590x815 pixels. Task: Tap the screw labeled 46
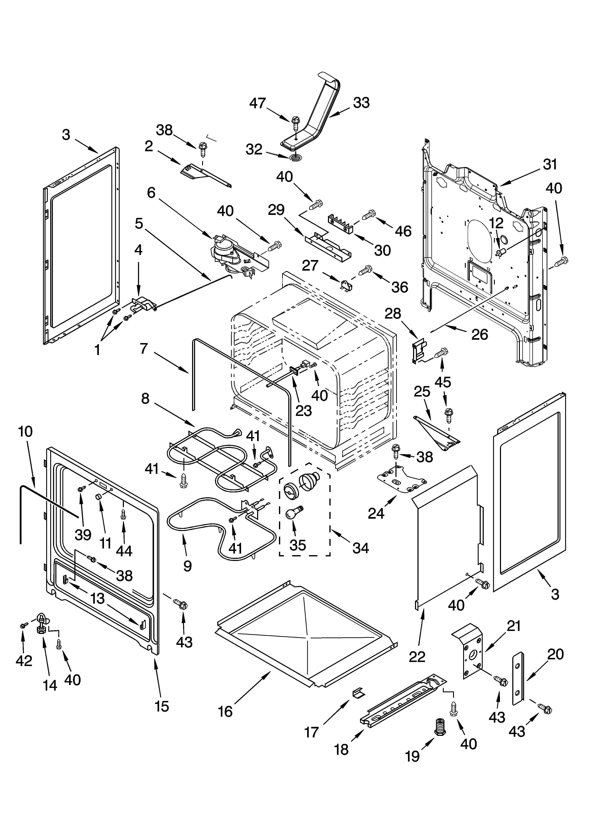click(x=369, y=215)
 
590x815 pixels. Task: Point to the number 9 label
click(x=187, y=566)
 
